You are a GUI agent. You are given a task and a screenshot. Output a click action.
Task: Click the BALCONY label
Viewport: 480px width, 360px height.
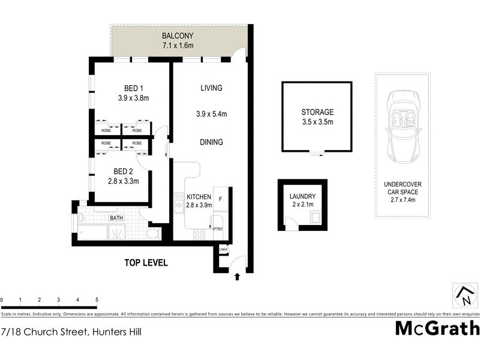point(178,34)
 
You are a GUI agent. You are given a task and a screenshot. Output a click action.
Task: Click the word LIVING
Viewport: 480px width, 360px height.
point(211,88)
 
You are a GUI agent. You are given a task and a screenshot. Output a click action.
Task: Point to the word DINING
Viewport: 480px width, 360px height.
point(211,142)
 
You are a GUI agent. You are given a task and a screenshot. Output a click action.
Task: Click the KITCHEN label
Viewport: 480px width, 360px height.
point(198,197)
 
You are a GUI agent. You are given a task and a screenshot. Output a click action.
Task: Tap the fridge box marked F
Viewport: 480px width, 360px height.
point(221,198)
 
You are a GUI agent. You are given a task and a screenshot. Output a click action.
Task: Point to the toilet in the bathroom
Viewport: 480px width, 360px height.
point(152,232)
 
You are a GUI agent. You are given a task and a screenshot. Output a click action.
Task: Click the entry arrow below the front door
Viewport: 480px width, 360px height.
point(238,277)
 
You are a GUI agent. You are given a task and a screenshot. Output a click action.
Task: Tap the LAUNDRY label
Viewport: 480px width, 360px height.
point(302,196)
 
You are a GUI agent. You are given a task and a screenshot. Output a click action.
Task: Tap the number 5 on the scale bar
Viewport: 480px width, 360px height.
point(97,299)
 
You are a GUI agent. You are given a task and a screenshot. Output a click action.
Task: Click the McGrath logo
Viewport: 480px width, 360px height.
point(437,329)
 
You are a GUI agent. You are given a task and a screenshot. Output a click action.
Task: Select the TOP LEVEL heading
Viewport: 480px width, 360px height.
point(145,263)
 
